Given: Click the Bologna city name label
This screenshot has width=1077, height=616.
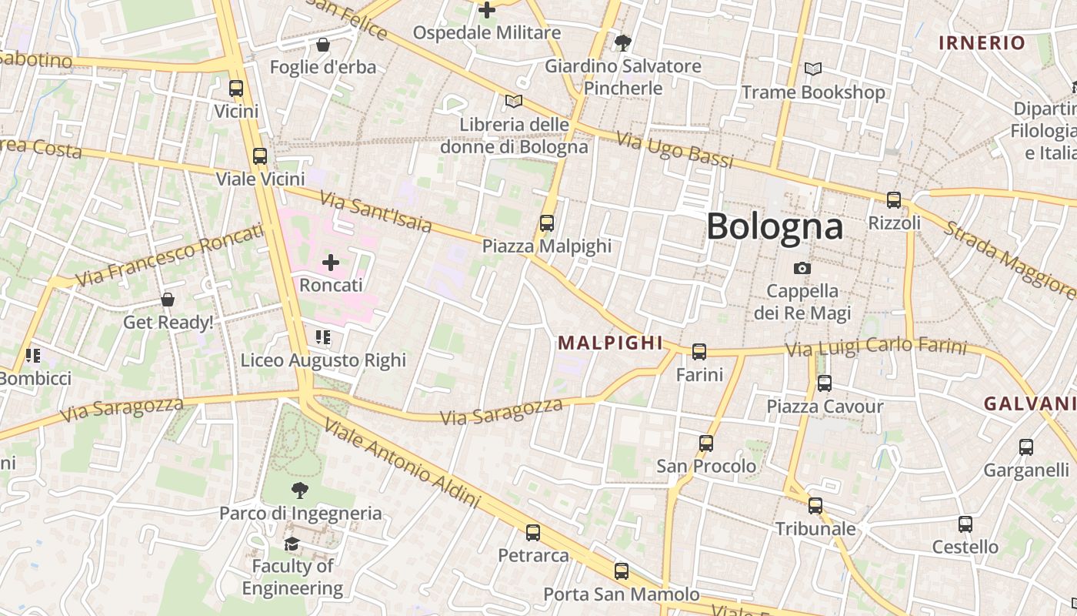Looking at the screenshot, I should tap(775, 226).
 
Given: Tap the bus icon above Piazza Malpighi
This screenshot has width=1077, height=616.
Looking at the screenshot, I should tap(547, 223).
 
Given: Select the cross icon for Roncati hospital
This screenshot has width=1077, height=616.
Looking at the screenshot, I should tap(331, 263).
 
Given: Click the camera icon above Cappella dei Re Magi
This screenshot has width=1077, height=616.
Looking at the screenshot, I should tap(802, 268).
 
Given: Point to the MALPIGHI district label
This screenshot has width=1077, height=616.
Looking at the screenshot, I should tap(610, 343).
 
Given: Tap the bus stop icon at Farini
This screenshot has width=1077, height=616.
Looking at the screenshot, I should tap(699, 352).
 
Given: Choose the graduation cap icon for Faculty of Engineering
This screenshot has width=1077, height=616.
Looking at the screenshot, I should tap(292, 544).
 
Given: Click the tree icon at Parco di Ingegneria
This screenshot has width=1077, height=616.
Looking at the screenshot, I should tap(300, 490).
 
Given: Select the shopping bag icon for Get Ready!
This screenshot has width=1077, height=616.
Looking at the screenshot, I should tap(168, 300).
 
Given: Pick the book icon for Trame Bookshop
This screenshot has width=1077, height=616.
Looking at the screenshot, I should tap(813, 69).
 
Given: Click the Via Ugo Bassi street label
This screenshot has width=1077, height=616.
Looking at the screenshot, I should tap(675, 150).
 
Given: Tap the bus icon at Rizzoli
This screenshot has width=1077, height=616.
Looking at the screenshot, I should tap(894, 200).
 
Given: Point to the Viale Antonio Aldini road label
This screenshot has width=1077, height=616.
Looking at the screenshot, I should tap(402, 463).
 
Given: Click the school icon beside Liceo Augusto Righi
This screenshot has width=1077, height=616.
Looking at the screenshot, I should tap(323, 337).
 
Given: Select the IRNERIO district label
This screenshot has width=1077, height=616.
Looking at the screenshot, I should tap(982, 43).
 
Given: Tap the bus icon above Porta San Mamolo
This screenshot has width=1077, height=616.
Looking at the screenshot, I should tap(622, 571).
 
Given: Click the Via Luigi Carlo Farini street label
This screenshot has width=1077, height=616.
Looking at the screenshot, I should tap(875, 347).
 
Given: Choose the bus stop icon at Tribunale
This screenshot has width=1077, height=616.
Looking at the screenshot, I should tap(815, 506).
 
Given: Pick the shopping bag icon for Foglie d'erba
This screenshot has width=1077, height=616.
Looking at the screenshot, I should tap(323, 45).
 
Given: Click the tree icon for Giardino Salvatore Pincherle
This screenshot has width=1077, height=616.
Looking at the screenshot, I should tap(623, 43).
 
